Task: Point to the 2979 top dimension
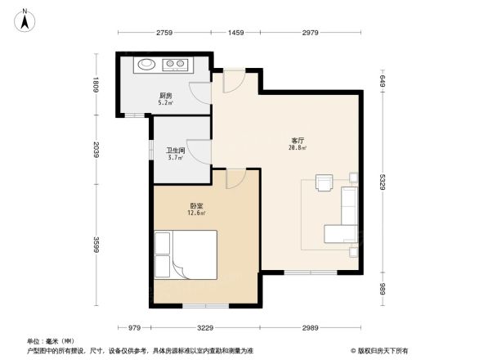click(309, 33)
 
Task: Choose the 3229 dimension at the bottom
click(204, 327)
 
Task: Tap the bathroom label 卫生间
click(175, 151)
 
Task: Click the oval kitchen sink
click(145, 63)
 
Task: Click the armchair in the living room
click(325, 182)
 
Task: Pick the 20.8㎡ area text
click(296, 149)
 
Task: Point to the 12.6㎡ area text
click(197, 215)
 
